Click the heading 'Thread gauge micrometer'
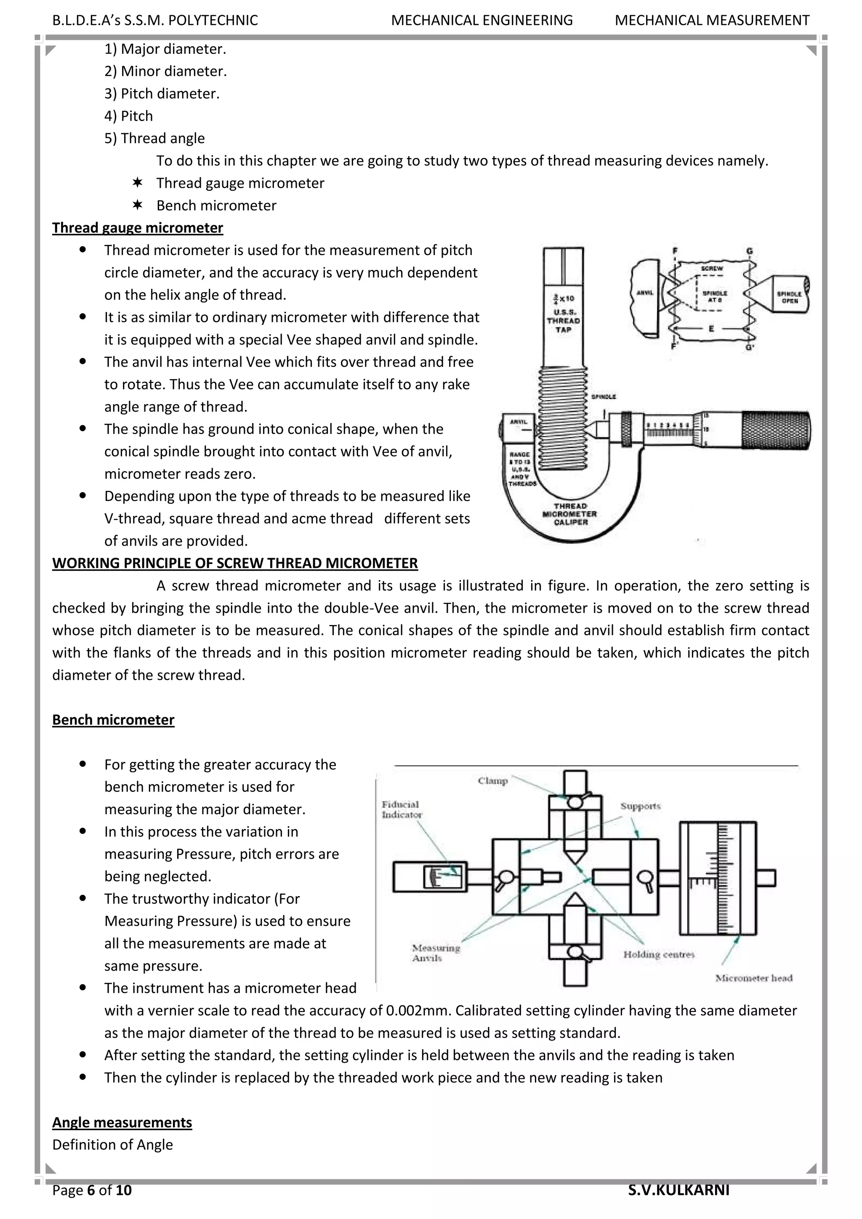click(x=138, y=228)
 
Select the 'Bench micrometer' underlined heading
click(x=113, y=720)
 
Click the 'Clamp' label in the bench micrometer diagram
click(x=492, y=780)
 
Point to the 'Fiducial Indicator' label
click(x=401, y=810)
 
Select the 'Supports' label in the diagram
click(x=641, y=806)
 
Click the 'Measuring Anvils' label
click(x=436, y=953)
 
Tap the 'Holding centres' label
click(x=659, y=954)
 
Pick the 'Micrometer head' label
click(x=754, y=978)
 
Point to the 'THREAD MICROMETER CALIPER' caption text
click(x=569, y=514)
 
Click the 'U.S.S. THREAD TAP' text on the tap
click(x=564, y=321)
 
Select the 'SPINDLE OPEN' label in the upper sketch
click(x=789, y=296)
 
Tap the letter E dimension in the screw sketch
click(x=711, y=329)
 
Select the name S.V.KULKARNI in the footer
click(x=679, y=1190)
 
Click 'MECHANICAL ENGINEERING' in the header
click(x=482, y=20)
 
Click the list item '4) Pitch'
click(x=128, y=116)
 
